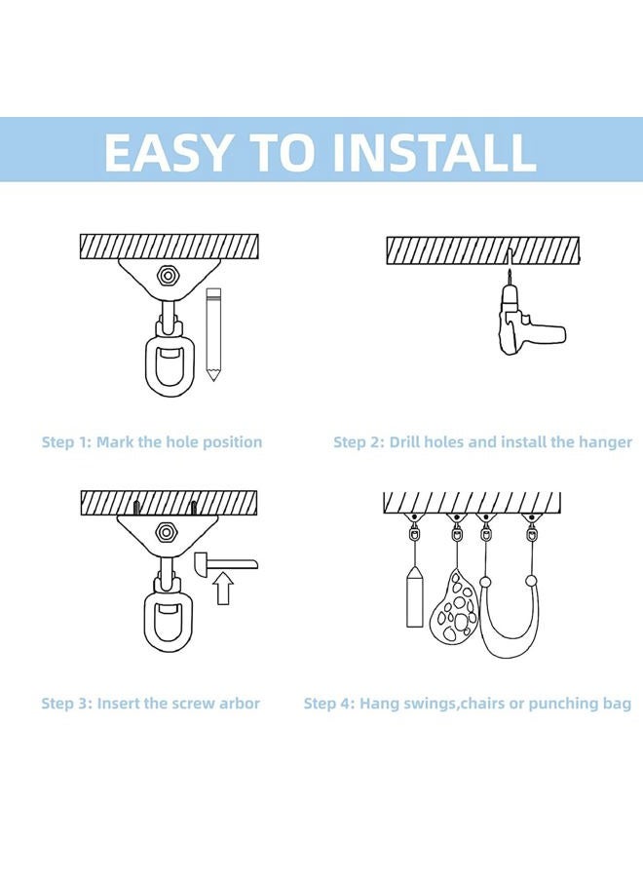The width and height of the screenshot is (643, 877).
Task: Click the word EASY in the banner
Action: tap(167, 152)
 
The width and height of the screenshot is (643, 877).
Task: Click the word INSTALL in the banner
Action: tap(435, 152)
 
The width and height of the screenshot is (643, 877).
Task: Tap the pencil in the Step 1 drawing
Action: tap(213, 334)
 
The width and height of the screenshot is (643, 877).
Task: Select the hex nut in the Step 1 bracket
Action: tap(166, 275)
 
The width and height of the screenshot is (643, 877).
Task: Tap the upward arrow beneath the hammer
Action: tap(224, 589)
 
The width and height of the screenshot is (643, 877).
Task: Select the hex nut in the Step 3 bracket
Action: tap(165, 531)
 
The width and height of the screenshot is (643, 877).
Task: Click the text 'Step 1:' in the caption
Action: tap(66, 442)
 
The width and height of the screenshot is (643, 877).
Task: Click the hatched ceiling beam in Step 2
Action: tap(483, 250)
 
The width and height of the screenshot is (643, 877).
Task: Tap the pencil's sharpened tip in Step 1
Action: tap(212, 379)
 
